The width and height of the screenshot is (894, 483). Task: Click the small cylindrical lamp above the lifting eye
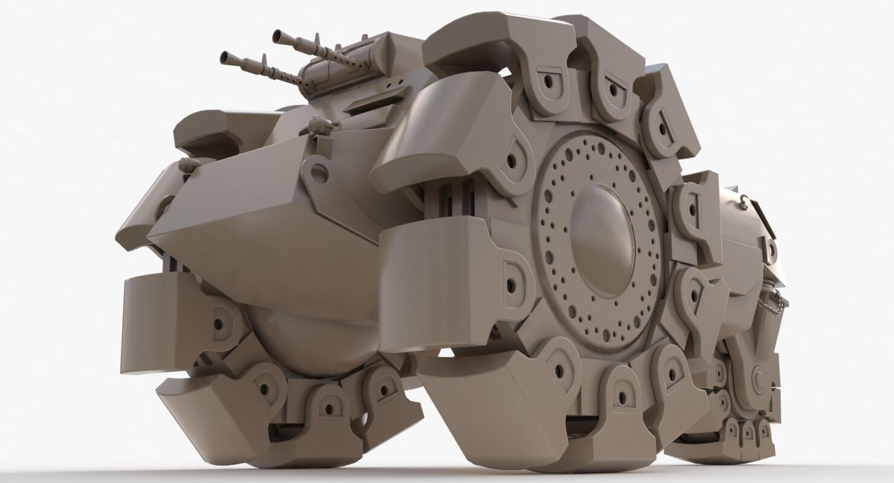tap(320, 126)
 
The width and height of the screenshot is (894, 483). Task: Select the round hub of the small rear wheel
tap(759, 378)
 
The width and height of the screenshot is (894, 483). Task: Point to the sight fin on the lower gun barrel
tap(264, 59)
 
